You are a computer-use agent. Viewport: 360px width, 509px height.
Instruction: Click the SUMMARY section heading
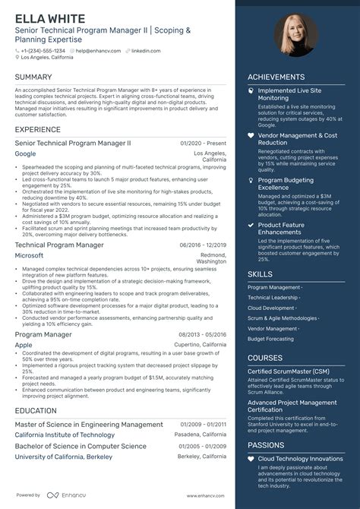[33, 77]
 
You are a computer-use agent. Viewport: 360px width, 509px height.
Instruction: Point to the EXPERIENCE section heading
[37, 130]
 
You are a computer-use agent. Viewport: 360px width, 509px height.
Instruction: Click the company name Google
[25, 153]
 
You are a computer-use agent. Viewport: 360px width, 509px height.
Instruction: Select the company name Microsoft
[29, 256]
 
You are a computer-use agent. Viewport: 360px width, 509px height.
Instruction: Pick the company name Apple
[24, 344]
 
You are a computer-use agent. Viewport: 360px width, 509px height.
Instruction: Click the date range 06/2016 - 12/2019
[203, 245]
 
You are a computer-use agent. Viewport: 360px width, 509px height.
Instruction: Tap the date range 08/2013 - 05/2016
[203, 334]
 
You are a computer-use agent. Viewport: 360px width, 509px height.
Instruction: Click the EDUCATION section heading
[35, 410]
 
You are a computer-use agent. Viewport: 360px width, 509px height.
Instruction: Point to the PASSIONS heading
[266, 446]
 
